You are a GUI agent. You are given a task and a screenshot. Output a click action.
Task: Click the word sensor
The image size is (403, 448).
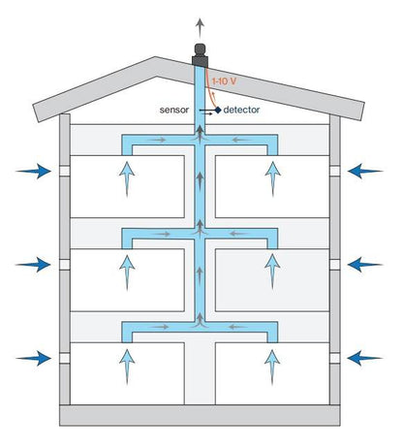pos(174,110)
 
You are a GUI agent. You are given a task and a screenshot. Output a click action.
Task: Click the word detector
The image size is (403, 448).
pos(241,110)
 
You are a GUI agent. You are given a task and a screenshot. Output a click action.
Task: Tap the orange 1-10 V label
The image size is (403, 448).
pos(224,81)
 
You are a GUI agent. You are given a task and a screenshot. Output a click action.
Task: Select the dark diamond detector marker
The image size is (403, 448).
pos(218,110)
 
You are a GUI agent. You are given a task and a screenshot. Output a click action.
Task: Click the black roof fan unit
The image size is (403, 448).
pos(200,55)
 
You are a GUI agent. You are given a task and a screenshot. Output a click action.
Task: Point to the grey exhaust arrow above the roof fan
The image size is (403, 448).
pos(201,28)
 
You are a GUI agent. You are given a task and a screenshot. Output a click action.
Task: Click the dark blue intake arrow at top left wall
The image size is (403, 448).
pos(33,171)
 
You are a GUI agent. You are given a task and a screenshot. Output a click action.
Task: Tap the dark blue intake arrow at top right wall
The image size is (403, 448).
pos(365,171)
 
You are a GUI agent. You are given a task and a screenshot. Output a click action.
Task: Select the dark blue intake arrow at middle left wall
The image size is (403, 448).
pos(33,265)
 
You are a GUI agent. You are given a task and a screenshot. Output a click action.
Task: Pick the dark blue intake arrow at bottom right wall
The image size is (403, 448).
pos(365,358)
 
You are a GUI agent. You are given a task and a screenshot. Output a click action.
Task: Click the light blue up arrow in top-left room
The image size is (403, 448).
pos(127,179)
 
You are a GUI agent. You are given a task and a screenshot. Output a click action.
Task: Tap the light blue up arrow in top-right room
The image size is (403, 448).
pos(273,179)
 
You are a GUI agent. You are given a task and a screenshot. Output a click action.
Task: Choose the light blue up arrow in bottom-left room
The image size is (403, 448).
pos(127,367)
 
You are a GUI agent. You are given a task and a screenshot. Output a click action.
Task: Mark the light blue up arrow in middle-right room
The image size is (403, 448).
pos(272,272)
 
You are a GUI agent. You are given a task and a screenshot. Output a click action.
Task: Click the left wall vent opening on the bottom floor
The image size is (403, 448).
pos(65,358)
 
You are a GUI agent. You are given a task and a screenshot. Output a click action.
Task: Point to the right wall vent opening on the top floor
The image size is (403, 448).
pos(335,171)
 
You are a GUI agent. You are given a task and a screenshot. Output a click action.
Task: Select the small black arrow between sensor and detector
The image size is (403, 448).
pos(207,113)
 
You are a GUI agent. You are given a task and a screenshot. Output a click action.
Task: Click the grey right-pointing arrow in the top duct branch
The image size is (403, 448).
pos(158,140)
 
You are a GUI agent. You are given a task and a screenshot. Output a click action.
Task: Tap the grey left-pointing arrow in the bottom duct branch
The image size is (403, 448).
pos(238,327)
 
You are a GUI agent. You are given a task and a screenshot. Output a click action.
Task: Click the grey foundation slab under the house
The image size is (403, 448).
pos(200,415)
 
